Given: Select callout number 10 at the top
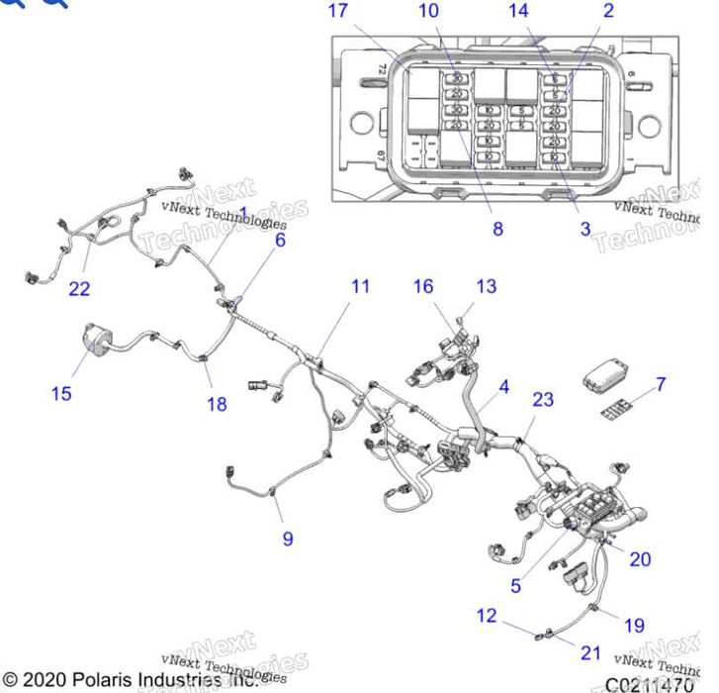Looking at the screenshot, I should (427, 12).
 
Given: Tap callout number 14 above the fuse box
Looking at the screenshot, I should (519, 12).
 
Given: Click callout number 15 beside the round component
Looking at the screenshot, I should (61, 393).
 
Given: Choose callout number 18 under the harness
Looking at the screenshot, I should (216, 403).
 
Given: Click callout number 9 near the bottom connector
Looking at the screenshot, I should (288, 539).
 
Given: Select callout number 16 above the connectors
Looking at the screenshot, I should (422, 286).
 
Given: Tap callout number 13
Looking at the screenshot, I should (486, 286).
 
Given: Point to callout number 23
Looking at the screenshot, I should (543, 400).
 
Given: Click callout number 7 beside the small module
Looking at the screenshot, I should (661, 383).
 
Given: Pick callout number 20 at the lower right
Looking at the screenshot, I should (640, 559).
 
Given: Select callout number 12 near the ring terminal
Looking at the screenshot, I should (486, 616).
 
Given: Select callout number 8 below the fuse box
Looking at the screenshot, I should (497, 229).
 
